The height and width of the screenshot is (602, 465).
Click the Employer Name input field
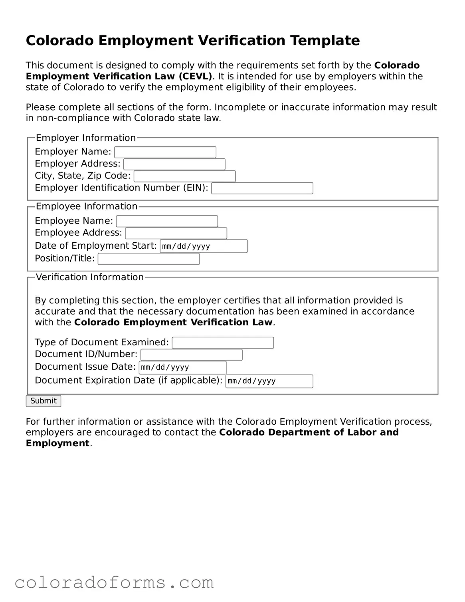coord(165,152)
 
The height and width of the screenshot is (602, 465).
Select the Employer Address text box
coord(174,164)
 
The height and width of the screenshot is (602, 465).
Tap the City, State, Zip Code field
coord(184,176)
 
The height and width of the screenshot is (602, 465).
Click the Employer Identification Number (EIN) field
coord(262,188)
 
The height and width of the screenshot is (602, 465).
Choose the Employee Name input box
coord(167,221)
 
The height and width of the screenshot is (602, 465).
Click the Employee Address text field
coord(176,233)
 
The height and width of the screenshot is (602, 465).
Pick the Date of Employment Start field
coord(204,246)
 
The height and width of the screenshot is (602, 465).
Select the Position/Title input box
coord(148,259)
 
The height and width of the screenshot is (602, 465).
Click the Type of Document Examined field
coord(223,343)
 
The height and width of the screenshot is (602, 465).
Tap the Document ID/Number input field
coord(192,355)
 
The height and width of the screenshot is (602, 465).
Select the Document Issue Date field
coord(182,367)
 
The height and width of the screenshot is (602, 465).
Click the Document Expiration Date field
coord(269,381)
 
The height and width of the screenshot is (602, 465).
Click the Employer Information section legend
coord(86,138)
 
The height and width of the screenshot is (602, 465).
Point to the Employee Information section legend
coord(87,206)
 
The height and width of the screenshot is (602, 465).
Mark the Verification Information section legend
coord(90,277)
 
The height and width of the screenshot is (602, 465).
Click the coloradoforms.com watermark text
coord(114,582)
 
